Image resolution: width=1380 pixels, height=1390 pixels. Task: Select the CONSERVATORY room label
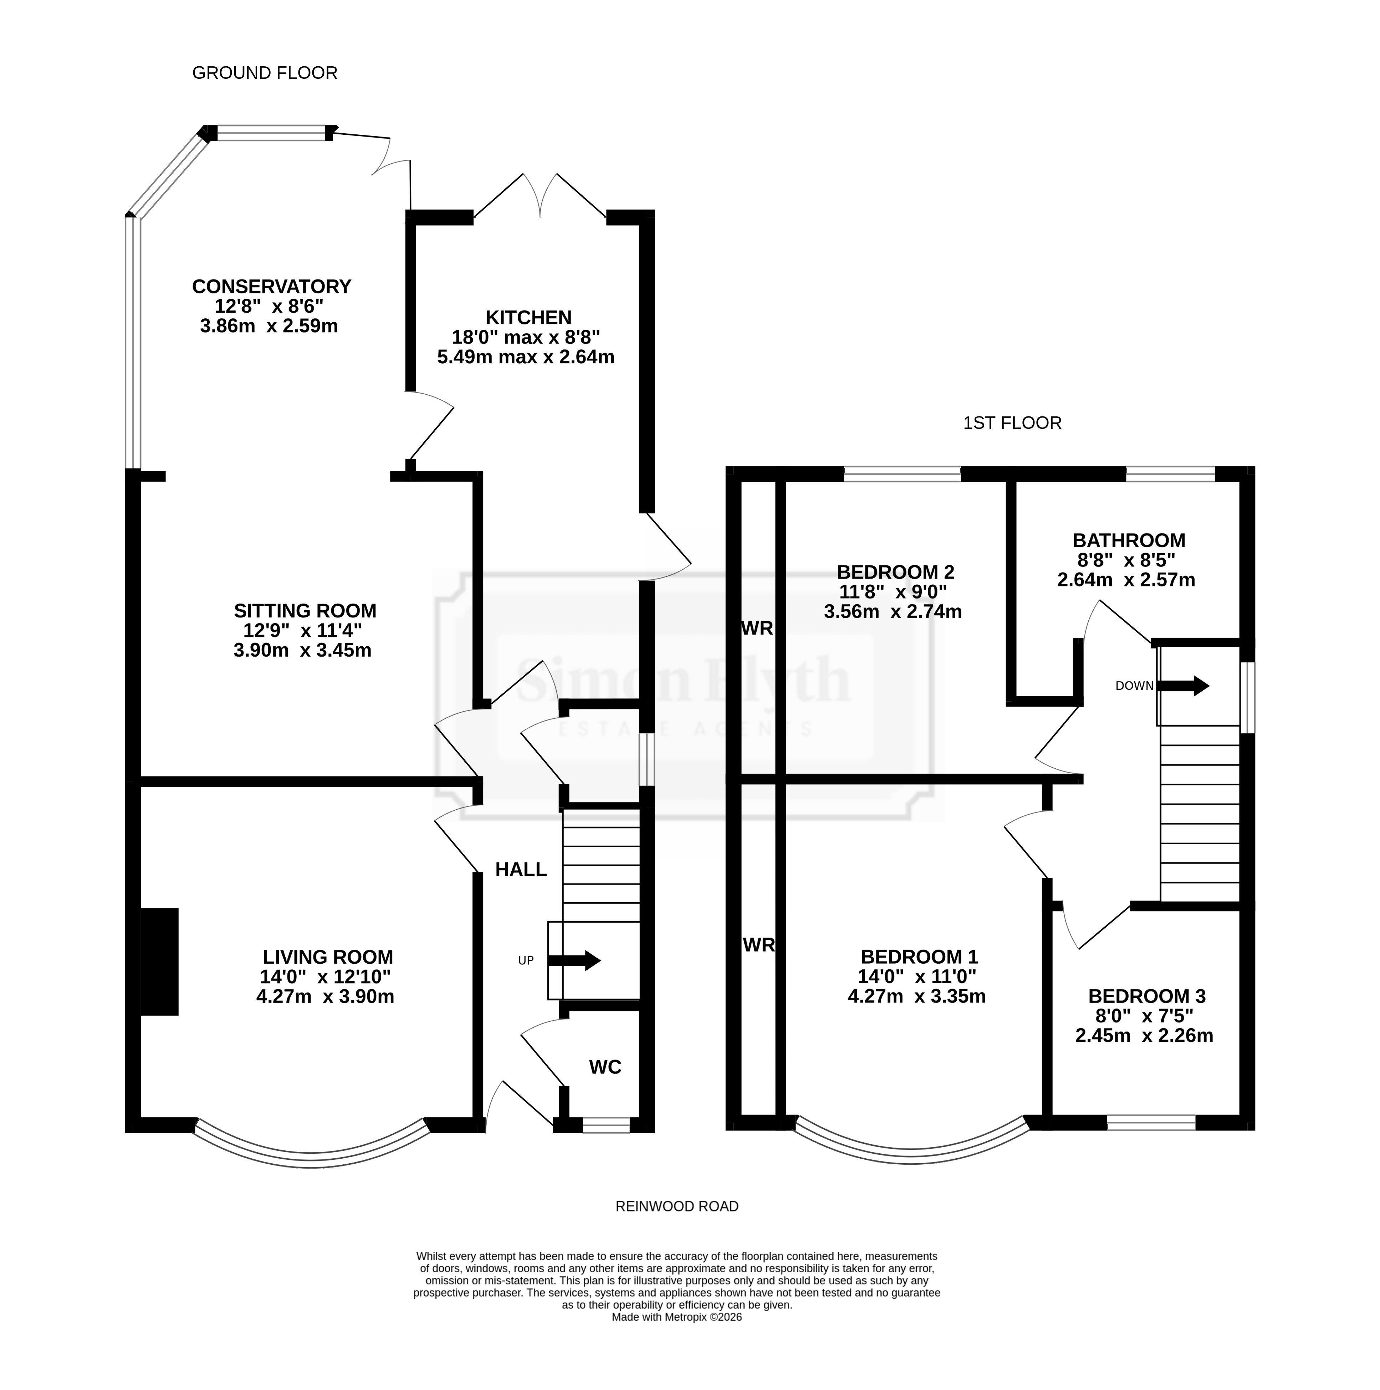[271, 286]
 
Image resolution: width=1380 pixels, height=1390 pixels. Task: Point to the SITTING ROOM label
[305, 611]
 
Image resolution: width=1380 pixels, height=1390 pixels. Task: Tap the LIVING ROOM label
[328, 957]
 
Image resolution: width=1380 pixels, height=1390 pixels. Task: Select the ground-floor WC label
[605, 1067]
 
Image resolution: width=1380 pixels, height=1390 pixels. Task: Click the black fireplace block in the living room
[159, 962]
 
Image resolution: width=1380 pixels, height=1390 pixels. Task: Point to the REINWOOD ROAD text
[677, 1206]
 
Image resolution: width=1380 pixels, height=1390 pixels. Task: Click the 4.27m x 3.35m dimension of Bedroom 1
[917, 996]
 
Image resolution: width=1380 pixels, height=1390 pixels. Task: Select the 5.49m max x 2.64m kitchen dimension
[526, 357]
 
